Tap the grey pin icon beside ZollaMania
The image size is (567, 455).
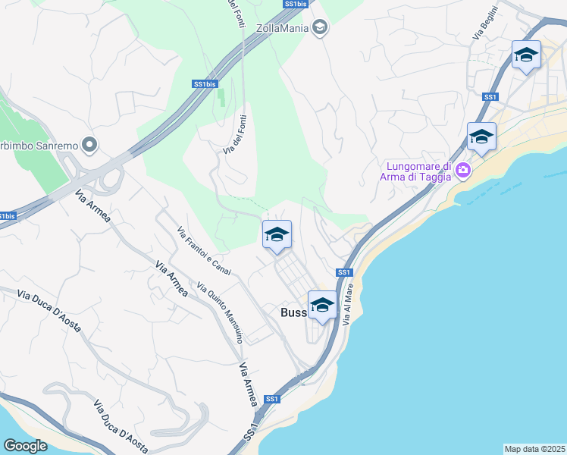[x=321, y=28]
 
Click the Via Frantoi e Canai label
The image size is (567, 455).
[x=203, y=250]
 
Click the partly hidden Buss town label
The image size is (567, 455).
[x=294, y=312]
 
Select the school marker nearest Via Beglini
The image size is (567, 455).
[x=526, y=55]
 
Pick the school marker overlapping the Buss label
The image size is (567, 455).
[x=322, y=306]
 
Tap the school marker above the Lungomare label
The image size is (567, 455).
[x=481, y=137]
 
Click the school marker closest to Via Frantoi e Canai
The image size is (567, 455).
[x=277, y=235]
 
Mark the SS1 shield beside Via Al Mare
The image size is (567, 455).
[x=344, y=272]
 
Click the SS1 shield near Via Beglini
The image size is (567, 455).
[x=490, y=97]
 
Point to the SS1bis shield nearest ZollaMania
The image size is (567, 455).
[x=295, y=4]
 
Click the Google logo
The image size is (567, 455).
[x=26, y=445]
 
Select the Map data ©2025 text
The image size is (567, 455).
[x=535, y=449]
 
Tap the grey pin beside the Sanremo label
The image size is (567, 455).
[x=90, y=144]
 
